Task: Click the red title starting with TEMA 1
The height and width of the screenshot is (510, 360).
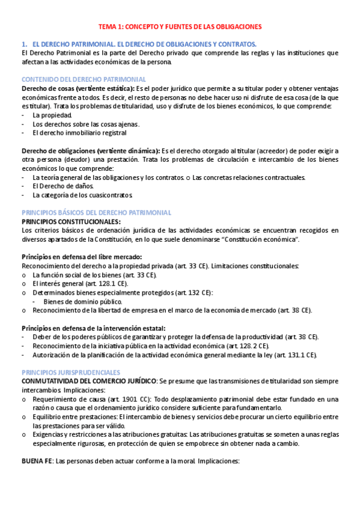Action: pyautogui.click(x=180, y=27)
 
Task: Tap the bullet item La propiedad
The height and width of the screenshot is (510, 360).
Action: pyautogui.click(x=52, y=115)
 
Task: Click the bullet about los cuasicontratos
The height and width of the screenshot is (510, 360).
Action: pyautogui.click(x=82, y=195)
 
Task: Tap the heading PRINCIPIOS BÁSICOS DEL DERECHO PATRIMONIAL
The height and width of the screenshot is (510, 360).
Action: pyautogui.click(x=96, y=212)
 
